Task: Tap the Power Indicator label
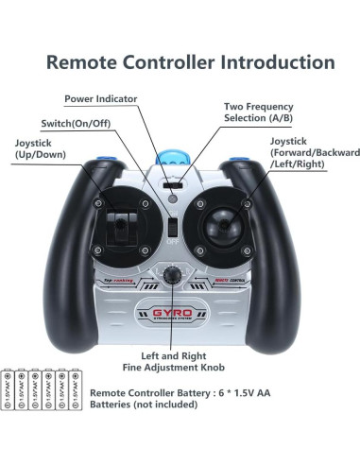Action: click(x=101, y=99)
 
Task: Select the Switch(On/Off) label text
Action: click(x=80, y=124)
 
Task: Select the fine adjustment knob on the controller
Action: click(x=172, y=275)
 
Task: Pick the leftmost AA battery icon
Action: click(x=10, y=389)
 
